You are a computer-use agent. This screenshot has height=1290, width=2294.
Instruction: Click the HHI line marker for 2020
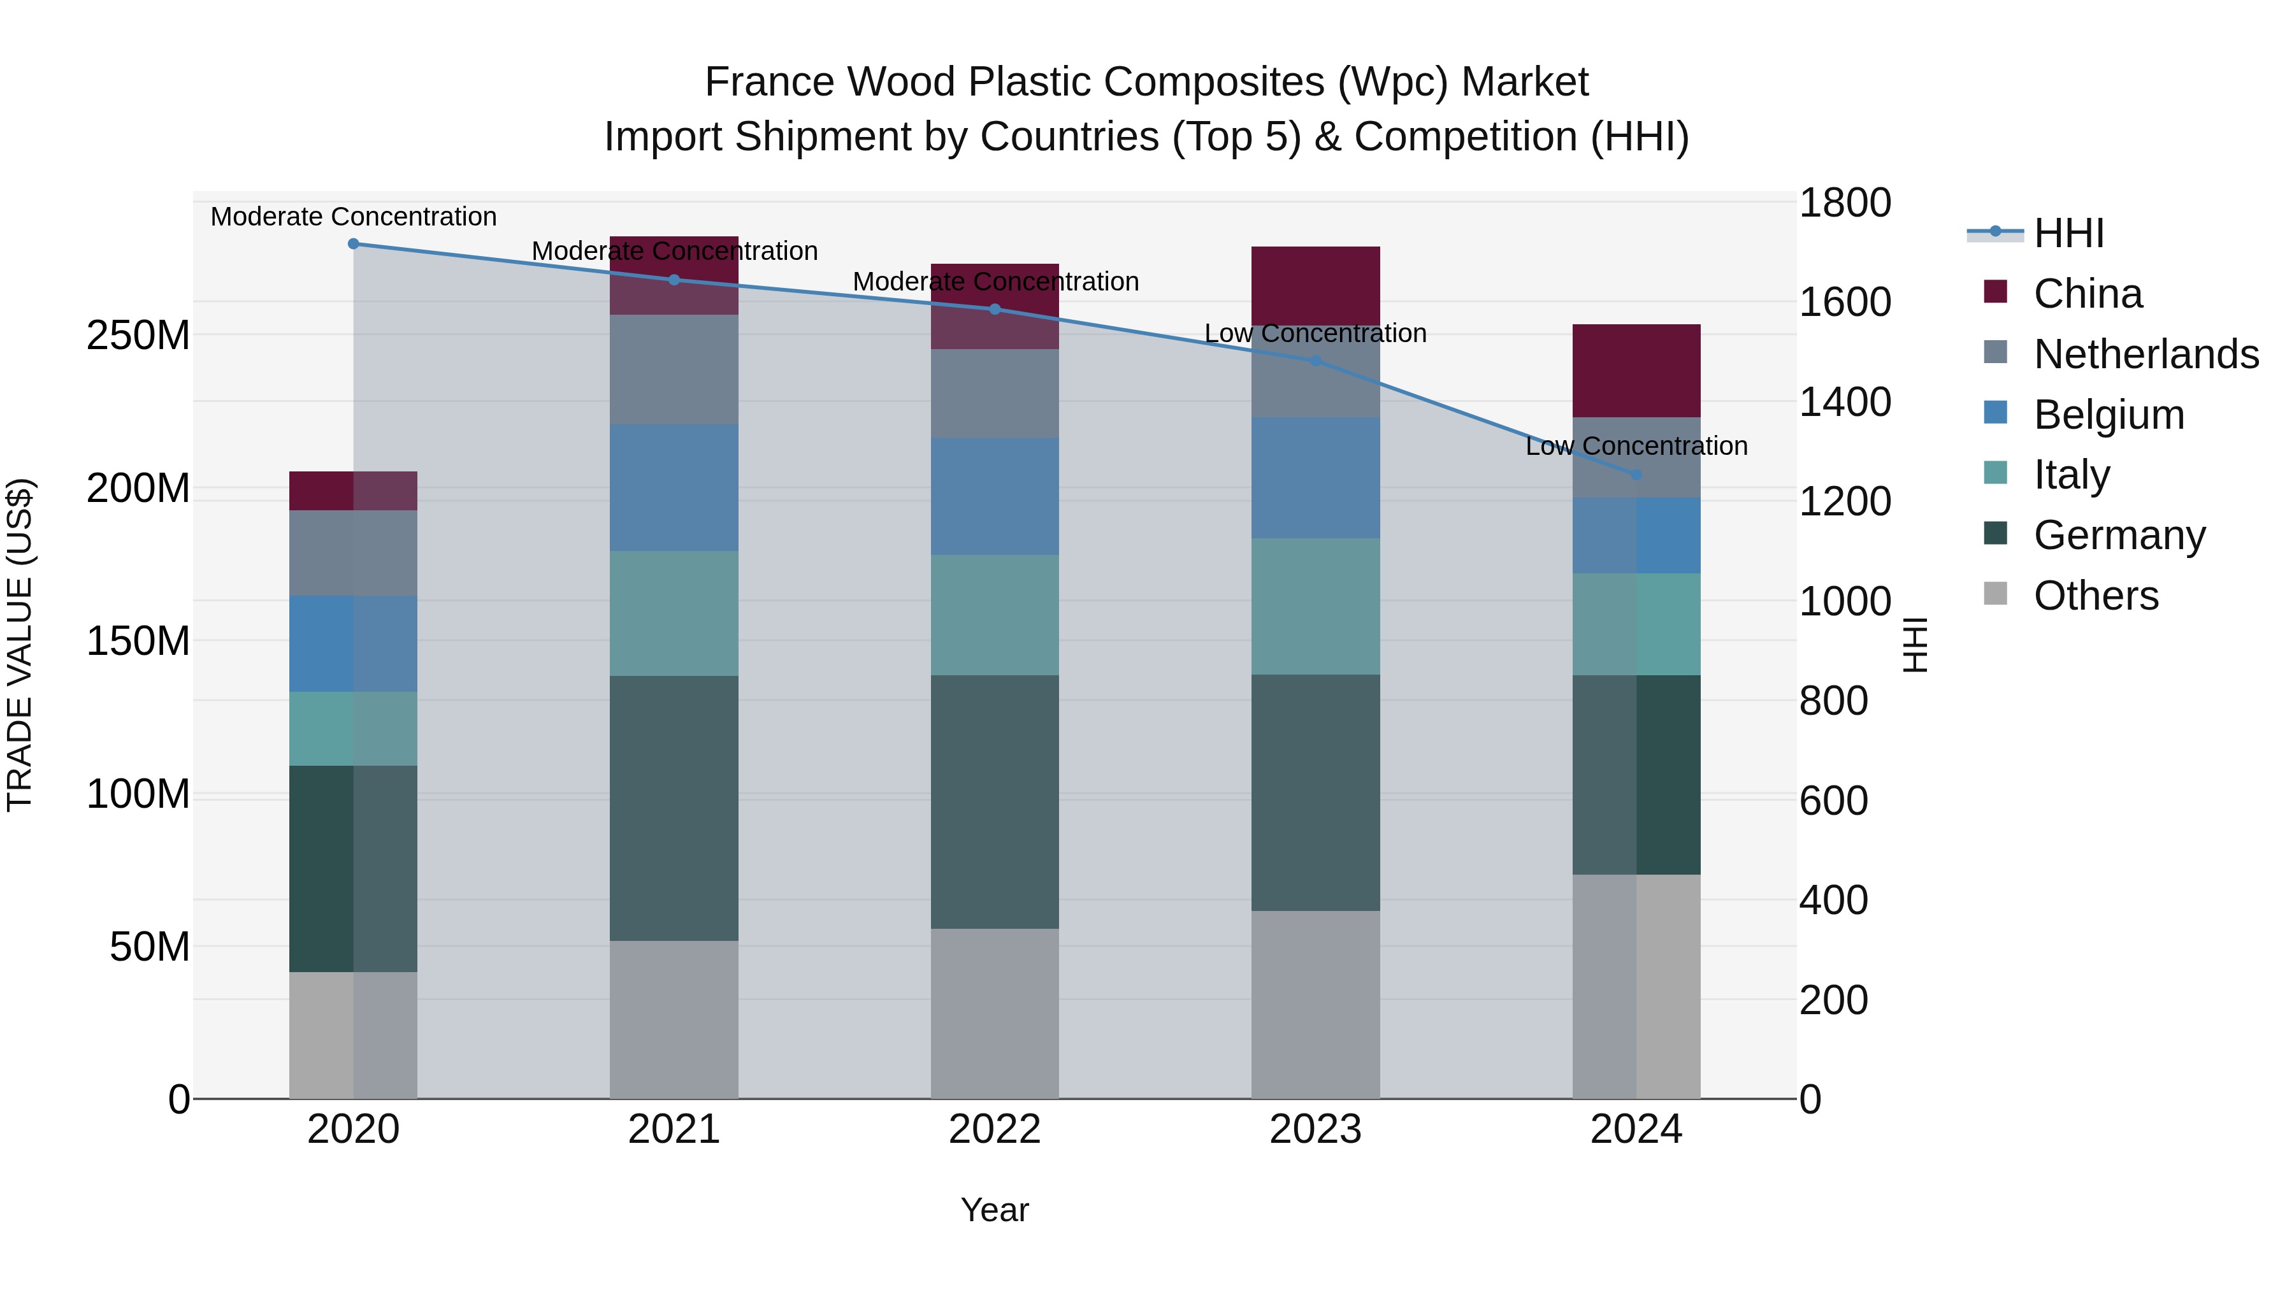click(x=354, y=243)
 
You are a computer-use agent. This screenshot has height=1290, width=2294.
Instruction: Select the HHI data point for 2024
click(x=1636, y=475)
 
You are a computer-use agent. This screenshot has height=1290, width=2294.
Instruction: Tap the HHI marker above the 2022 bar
click(x=995, y=309)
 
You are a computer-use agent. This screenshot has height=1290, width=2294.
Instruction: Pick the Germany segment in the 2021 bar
click(x=674, y=808)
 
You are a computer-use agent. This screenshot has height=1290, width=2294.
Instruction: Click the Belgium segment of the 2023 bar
click(x=1315, y=477)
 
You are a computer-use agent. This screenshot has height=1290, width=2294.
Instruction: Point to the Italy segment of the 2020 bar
click(x=354, y=728)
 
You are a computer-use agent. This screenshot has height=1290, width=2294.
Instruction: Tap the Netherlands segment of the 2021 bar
click(x=674, y=369)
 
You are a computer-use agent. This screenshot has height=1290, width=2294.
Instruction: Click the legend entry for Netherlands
click(x=2146, y=354)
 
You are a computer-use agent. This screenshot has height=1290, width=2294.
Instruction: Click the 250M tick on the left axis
click(x=138, y=336)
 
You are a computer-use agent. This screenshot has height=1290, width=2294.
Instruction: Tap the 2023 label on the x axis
click(x=1315, y=1129)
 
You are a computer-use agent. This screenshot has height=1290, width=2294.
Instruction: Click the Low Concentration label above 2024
click(x=1636, y=445)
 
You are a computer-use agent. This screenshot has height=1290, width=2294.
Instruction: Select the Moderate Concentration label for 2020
click(x=354, y=217)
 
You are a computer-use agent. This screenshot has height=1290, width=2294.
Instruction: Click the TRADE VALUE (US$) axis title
click(x=20, y=645)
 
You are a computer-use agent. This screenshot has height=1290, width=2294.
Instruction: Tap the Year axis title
click(x=995, y=1210)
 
